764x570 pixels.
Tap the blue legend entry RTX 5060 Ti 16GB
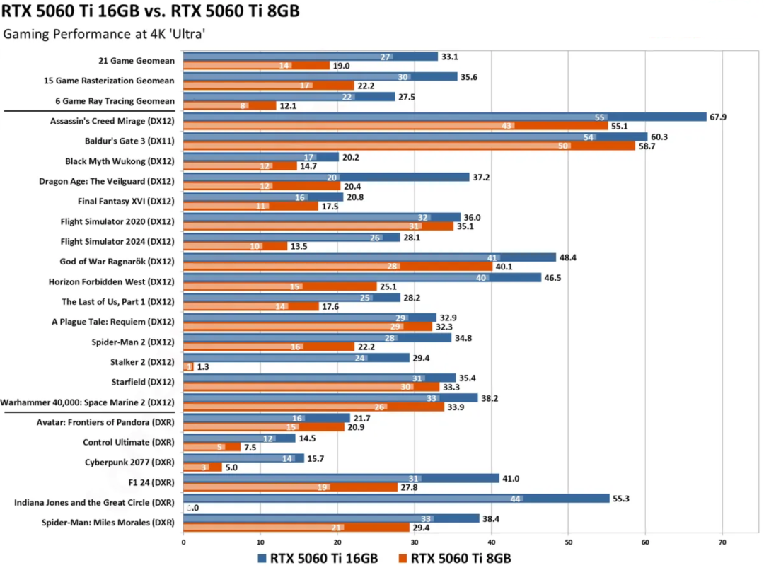coord(318,558)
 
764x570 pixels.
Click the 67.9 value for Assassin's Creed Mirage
coord(717,117)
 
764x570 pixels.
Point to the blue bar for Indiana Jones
coord(396,498)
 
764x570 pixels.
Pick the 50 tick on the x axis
coord(568,542)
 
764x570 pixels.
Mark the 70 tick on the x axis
coord(722,542)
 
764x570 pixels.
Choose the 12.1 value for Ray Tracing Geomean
coord(290,105)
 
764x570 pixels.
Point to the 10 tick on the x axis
coord(260,542)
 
